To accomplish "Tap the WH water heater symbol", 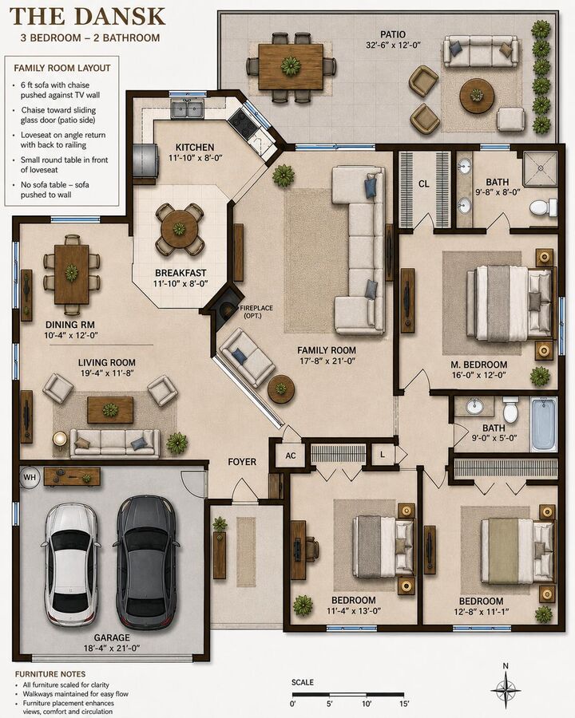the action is [x=30, y=478].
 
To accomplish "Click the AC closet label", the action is [x=291, y=456].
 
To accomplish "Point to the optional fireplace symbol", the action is [x=224, y=307].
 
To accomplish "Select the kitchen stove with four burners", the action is [x=240, y=120].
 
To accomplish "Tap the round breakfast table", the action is [x=180, y=230].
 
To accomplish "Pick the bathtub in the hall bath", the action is [x=543, y=424].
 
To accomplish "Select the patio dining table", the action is [x=291, y=66].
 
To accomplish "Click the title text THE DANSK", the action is [x=87, y=17].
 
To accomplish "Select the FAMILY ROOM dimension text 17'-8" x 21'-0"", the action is [x=327, y=361].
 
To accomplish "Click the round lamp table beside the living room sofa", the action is [x=60, y=439].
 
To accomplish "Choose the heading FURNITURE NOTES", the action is [x=50, y=674].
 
